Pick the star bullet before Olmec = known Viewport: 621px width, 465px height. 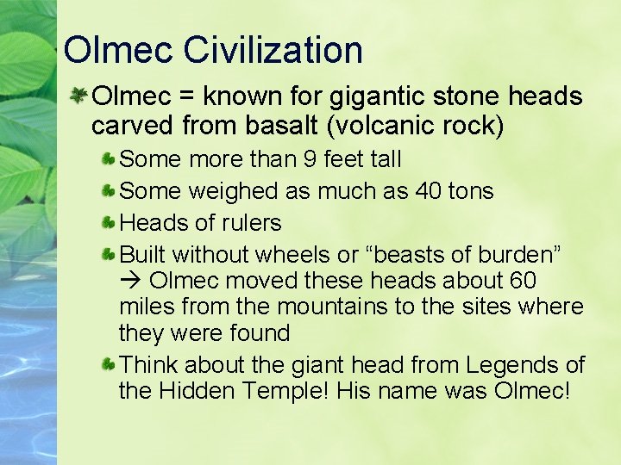click(x=80, y=97)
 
